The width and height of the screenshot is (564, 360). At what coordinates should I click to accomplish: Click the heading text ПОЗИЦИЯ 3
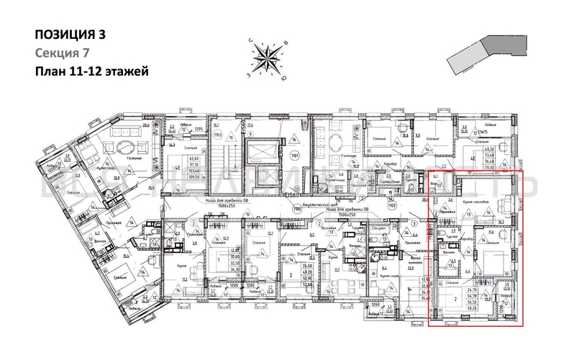point(70,34)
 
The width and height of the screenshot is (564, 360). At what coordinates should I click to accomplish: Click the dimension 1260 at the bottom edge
point(375,303)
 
